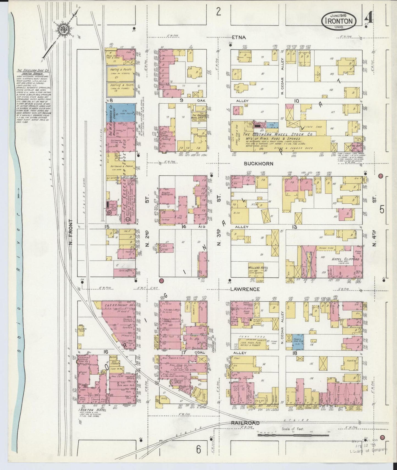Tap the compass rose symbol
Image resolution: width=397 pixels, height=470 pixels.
pos(64,29)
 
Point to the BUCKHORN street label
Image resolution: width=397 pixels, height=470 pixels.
pos(259,164)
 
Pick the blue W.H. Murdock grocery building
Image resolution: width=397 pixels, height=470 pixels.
pos(121,113)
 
